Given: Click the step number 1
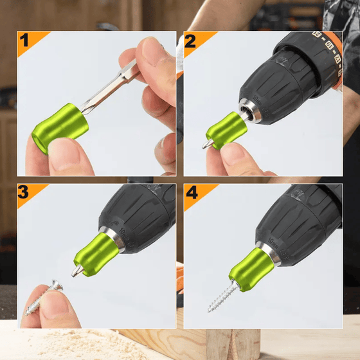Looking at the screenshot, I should tap(24, 40).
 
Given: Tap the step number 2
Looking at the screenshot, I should tap(191, 40).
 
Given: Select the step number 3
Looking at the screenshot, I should tap(24, 193).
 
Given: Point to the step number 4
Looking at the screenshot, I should tap(191, 193).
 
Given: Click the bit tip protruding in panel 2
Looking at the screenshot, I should tap(208, 144).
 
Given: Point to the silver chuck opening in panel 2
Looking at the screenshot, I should tap(251, 110).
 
